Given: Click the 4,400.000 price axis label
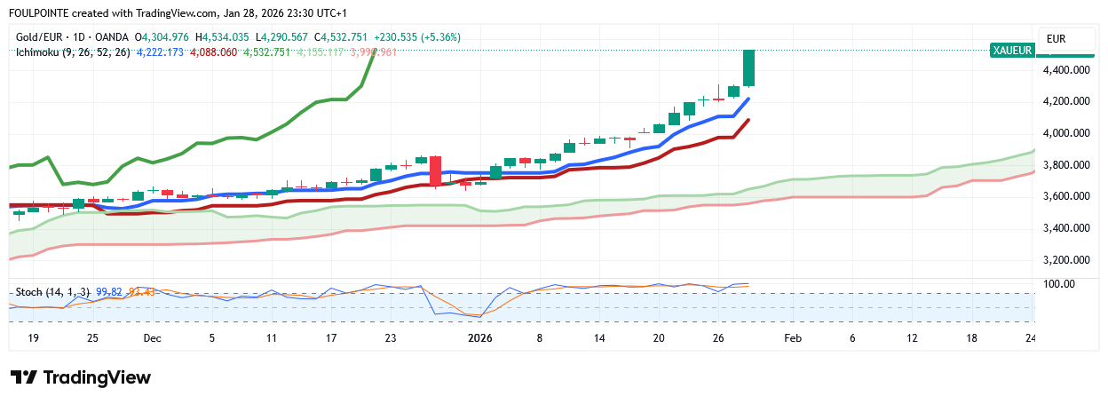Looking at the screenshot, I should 1066,69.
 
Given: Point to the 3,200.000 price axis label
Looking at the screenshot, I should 1066,260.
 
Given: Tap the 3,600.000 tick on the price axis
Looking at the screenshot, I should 1066,196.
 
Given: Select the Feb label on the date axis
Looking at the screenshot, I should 793,338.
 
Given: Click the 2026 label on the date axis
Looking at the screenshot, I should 479,338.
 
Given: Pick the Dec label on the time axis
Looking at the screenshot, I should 152,338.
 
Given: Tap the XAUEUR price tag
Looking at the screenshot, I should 1012,51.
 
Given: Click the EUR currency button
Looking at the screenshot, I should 1057,39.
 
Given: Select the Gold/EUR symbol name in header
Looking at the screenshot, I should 44,37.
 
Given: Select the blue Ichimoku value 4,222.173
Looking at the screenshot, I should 161,52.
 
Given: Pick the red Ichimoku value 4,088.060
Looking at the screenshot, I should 213,52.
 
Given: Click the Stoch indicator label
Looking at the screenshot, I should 54,291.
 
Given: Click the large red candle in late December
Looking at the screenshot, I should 435,170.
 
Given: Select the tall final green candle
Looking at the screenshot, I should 748,67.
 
